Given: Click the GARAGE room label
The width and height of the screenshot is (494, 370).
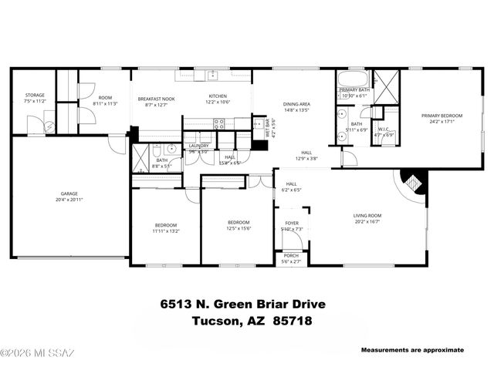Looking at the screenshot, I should (69, 193).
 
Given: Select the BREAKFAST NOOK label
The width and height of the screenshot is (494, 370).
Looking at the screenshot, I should (157, 99).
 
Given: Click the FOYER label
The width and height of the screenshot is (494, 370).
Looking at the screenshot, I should (292, 223).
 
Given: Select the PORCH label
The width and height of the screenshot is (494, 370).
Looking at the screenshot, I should (291, 256).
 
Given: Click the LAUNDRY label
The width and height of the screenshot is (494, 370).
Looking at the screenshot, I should (199, 145).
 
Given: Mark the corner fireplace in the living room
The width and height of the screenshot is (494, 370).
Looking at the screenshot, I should (414, 183).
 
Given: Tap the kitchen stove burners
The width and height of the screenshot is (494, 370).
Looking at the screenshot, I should (218, 122).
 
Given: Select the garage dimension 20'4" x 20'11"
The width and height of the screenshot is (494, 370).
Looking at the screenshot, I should (69, 200).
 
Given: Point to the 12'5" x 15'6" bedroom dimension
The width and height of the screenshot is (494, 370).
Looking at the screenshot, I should (238, 228).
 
